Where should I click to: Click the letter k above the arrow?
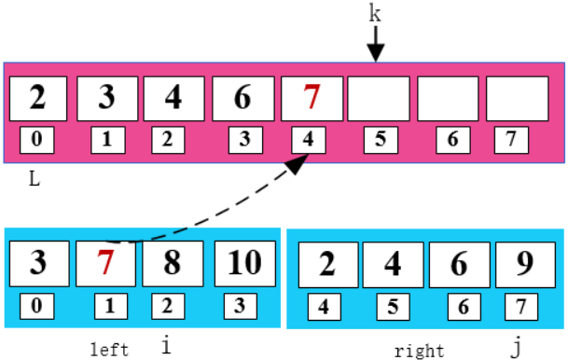[375, 15]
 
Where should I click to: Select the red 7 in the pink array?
[312, 98]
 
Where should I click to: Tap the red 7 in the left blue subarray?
[106, 262]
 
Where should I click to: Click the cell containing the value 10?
[245, 262]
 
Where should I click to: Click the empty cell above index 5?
[379, 98]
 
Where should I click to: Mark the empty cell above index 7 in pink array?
[517, 98]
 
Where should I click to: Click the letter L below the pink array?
[34, 179]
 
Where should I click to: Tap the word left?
[109, 350]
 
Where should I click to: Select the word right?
[419, 351]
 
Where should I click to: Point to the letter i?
[167, 346]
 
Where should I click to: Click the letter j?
[516, 348]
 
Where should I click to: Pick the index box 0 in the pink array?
[38, 140]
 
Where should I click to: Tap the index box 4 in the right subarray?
[322, 305]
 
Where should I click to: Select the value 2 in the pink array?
[38, 98]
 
